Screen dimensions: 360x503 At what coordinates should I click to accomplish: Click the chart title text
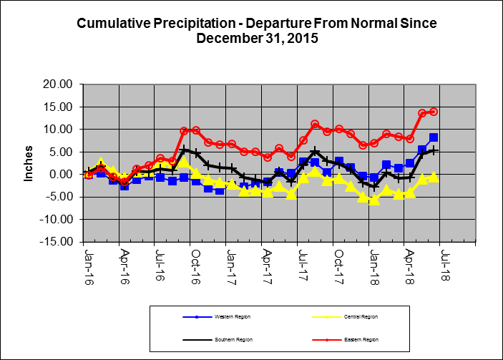pyautogui.click(x=256, y=30)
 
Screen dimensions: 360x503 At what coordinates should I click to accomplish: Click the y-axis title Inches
pyautogui.click(x=29, y=162)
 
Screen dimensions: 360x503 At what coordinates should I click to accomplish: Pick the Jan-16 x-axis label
pyautogui.click(x=88, y=263)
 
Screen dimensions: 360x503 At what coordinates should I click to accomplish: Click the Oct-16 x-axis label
pyautogui.click(x=195, y=263)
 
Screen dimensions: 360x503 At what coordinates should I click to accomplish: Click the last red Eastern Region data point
pyautogui.click(x=434, y=112)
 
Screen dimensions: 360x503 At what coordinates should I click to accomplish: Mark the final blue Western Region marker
pyautogui.click(x=434, y=137)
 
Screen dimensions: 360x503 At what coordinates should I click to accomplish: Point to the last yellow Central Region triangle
pyautogui.click(x=434, y=177)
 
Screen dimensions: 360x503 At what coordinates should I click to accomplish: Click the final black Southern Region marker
pyautogui.click(x=434, y=150)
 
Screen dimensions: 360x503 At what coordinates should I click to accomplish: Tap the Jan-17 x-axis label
pyautogui.click(x=230, y=263)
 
